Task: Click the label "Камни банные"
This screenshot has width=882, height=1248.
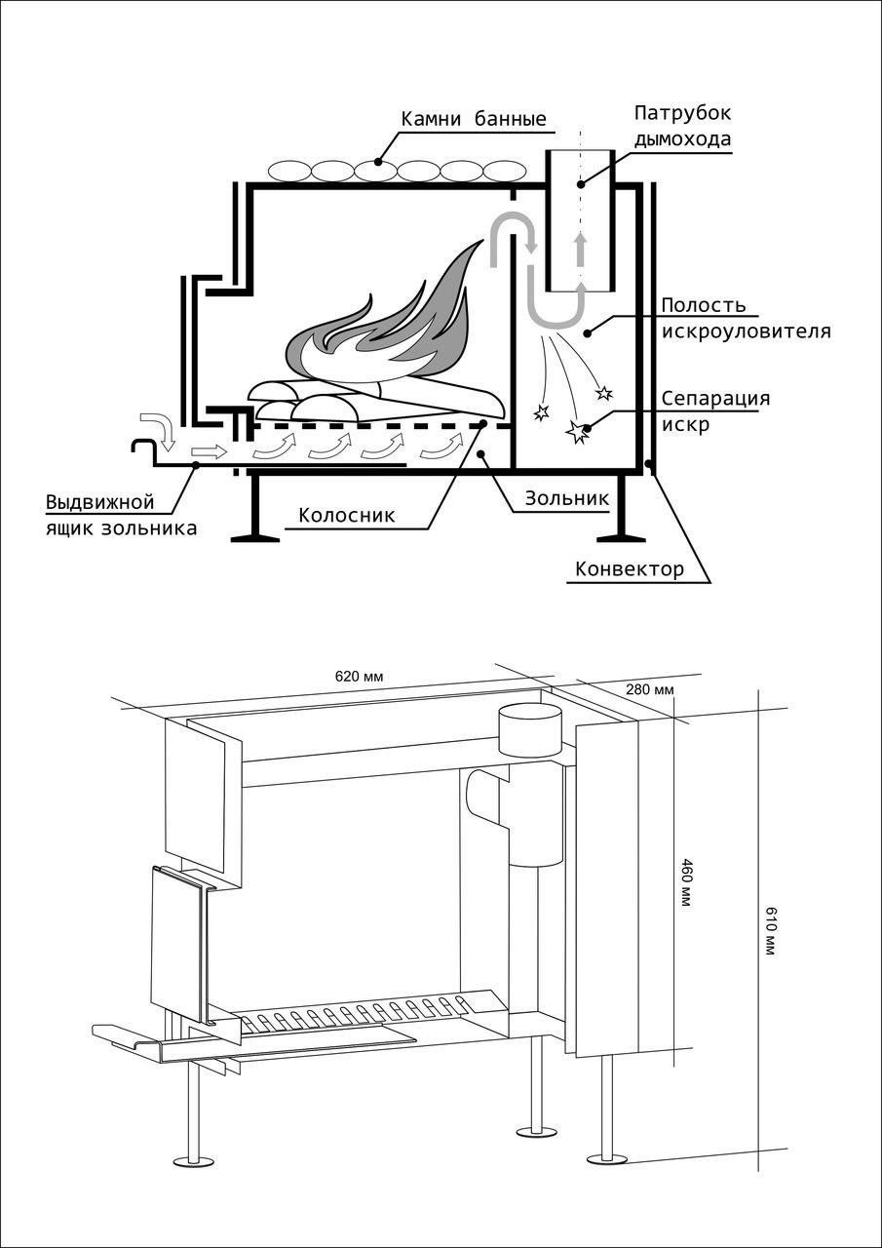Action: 473,120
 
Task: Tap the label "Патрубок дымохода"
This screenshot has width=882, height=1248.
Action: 682,126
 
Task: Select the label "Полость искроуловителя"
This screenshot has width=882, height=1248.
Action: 747,319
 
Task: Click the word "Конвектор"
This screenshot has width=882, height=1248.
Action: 630,569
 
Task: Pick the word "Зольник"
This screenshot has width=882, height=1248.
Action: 567,498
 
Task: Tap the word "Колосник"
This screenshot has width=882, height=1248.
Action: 347,516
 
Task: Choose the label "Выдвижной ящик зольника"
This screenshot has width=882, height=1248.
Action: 121,516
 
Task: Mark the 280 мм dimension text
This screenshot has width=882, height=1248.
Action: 650,691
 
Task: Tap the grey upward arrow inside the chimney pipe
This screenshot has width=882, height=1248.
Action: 581,249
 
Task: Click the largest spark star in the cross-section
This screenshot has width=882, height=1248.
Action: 580,430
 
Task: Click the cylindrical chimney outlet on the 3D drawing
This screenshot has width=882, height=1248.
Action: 530,729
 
